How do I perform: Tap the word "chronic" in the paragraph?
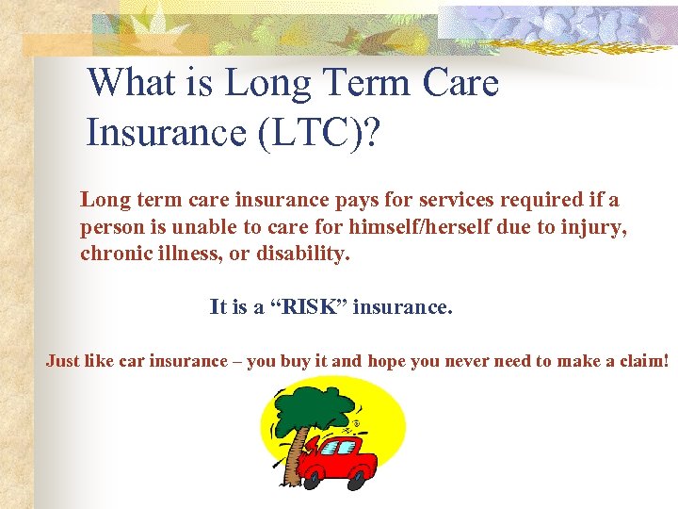[114, 254]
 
